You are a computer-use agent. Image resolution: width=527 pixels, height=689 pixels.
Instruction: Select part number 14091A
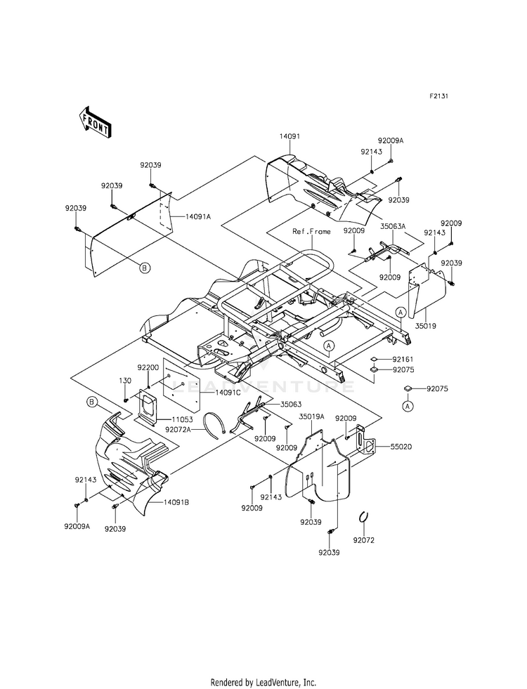point(197,216)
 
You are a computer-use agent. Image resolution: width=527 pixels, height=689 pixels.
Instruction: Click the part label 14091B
point(176,502)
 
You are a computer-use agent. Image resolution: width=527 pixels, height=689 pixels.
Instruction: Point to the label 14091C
point(228,393)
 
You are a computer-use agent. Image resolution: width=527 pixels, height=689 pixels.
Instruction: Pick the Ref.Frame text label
point(311,231)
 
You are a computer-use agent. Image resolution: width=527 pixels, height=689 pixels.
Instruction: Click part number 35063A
point(393,226)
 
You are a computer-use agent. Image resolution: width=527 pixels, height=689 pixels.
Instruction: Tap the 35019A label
point(311,416)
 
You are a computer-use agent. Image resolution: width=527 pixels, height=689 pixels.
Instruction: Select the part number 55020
point(401,447)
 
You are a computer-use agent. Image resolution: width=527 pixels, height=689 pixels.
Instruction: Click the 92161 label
point(403,359)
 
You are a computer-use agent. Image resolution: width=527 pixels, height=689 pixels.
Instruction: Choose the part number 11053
point(183,419)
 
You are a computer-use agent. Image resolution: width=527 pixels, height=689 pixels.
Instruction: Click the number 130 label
point(125,381)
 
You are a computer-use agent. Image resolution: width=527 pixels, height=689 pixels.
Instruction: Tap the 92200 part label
point(148,367)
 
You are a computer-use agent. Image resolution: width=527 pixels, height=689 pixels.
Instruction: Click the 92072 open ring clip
point(363,517)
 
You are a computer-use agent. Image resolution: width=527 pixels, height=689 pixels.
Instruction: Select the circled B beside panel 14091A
point(145,267)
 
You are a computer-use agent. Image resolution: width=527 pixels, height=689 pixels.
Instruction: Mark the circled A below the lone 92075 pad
point(408,407)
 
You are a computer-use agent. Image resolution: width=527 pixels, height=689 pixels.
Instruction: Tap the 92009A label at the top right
point(390,141)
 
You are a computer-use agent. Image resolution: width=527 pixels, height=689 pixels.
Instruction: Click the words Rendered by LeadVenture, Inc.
point(263,683)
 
